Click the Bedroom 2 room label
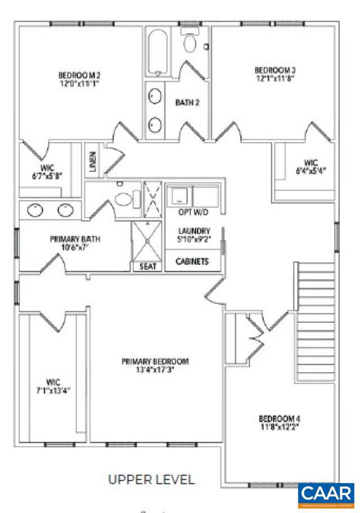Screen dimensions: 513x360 (79, 74)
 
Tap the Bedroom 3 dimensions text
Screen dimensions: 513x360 (275, 79)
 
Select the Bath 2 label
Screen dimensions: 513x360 (187, 102)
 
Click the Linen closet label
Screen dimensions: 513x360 (93, 161)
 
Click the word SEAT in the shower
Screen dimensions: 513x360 (147, 267)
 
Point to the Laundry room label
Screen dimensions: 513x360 (194, 231)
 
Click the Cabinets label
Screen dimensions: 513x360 (193, 262)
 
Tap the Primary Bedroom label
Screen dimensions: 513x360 (155, 361)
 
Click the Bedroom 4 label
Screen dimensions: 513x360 (279, 418)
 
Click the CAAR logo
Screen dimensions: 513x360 (326, 494)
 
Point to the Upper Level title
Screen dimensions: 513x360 (151, 479)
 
